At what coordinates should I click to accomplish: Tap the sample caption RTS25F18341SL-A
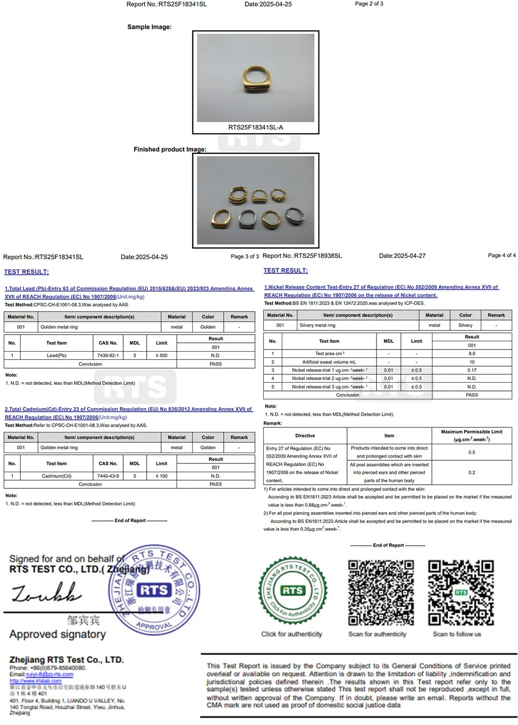pos(255,127)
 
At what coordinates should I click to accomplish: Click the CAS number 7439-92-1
pos(108,356)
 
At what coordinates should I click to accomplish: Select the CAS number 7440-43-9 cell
pos(108,476)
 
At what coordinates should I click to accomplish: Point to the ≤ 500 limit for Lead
pos(162,356)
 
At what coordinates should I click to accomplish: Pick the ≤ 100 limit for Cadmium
pos(162,476)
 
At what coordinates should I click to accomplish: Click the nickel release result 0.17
pos(471,370)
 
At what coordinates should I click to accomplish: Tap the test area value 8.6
pos(471,354)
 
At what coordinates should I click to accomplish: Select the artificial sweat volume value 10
pos(471,362)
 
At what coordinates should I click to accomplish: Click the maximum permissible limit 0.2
pos(471,472)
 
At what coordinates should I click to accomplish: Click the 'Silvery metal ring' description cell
pos(318,325)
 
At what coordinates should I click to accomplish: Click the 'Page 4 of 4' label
pos(501,255)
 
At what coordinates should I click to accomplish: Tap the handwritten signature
pos(47,593)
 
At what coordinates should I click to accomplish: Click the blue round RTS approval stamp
pos(154,590)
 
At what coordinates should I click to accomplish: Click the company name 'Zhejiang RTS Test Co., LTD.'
pos(66,660)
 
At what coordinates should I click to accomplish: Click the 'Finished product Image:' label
pos(170,149)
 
